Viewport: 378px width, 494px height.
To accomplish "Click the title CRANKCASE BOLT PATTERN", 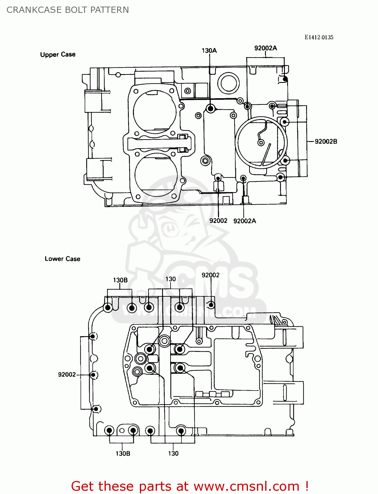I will [x=68, y=10].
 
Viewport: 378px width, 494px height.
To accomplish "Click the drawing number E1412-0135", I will [x=319, y=37].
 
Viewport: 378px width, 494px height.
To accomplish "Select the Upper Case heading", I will [x=58, y=54].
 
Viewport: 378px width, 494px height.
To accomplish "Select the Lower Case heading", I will [x=62, y=259].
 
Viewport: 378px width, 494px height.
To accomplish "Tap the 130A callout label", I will [x=209, y=50].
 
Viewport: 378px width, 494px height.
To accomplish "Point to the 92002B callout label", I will [x=326, y=141].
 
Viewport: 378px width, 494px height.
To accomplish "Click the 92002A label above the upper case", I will [x=266, y=48].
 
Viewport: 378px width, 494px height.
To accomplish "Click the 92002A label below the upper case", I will [x=244, y=221].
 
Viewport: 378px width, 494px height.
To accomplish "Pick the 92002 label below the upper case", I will [x=218, y=221].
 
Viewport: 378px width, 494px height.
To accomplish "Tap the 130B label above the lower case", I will [x=120, y=280].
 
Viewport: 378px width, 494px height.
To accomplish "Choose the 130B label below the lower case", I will [x=123, y=453].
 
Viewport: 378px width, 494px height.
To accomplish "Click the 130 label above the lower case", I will [x=171, y=279].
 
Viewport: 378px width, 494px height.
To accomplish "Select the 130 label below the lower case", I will [x=173, y=453].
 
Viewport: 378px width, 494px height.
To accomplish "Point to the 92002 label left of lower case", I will [x=67, y=374].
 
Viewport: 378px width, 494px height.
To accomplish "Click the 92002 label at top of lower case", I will [x=210, y=275].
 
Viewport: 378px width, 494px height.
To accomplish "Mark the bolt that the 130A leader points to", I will [x=210, y=108].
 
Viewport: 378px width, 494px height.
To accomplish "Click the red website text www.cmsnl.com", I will [x=246, y=486].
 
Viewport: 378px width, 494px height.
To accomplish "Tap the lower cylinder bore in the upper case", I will [x=156, y=175].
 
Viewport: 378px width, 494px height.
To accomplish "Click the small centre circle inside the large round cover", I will [x=261, y=143].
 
